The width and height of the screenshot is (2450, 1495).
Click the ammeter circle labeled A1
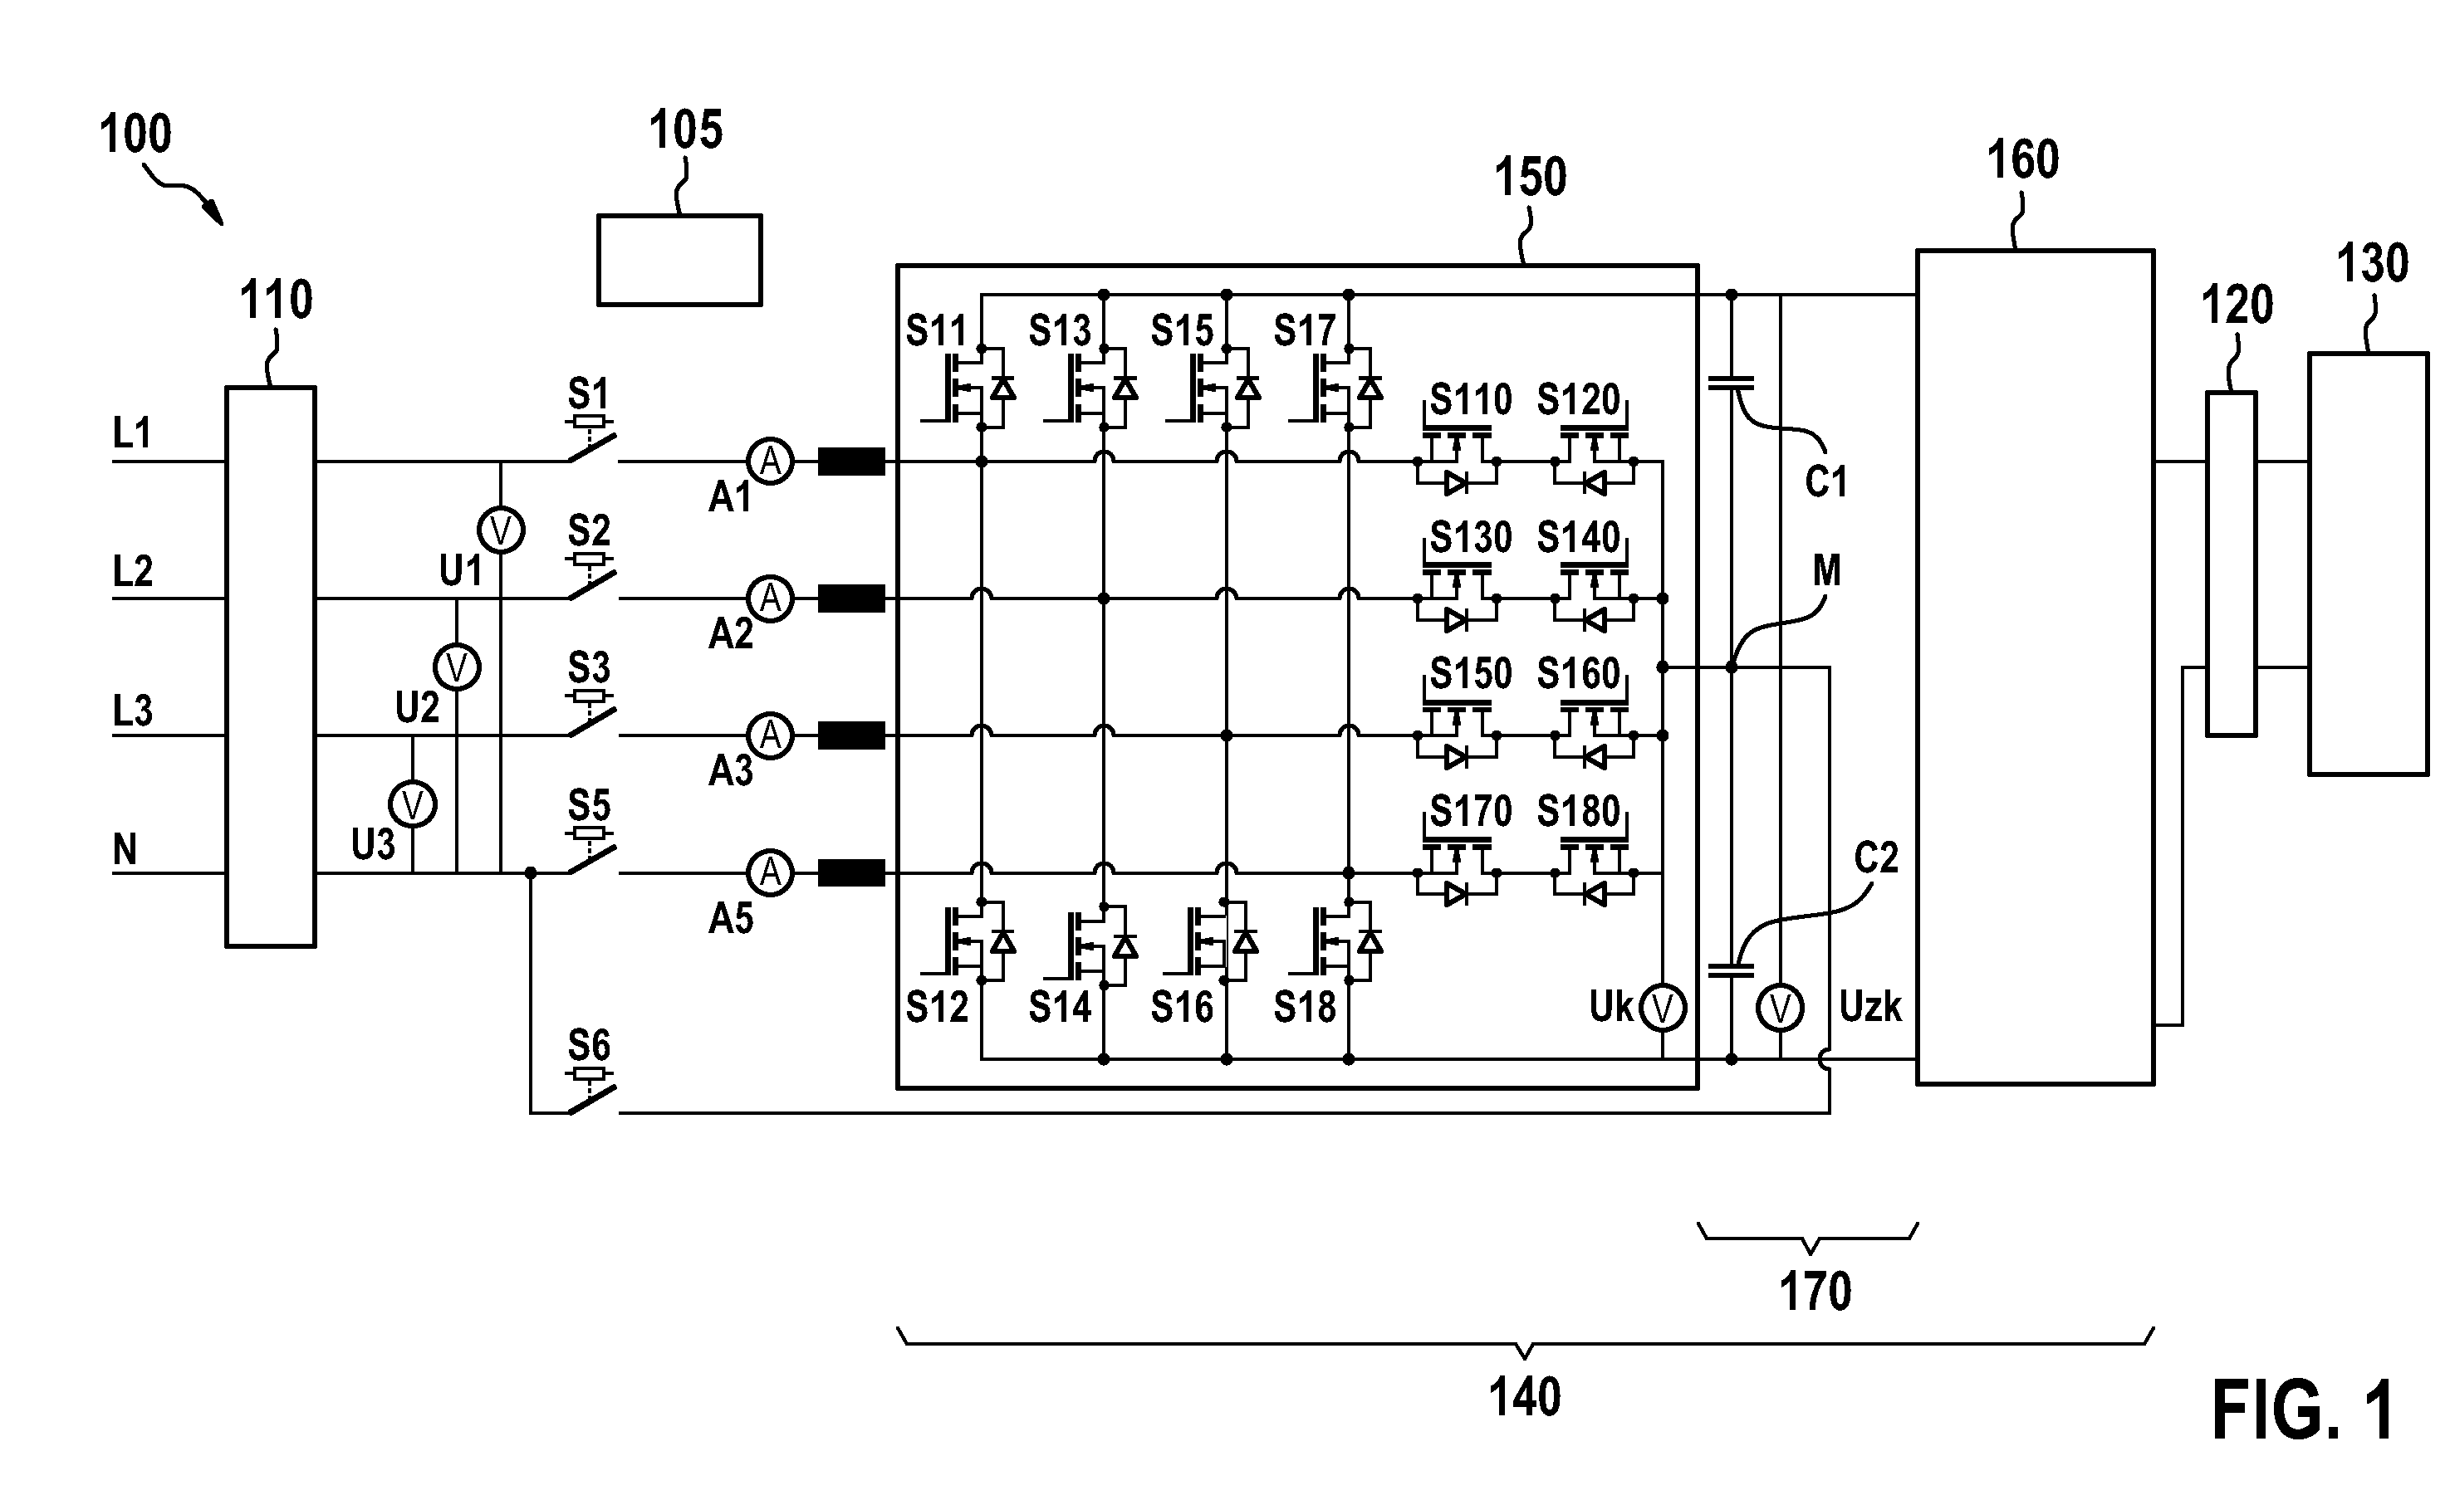[771, 462]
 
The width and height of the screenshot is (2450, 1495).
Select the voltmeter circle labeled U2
[458, 667]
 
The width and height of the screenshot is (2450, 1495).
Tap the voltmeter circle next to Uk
[1663, 1008]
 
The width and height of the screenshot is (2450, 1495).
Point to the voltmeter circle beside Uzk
[1780, 1008]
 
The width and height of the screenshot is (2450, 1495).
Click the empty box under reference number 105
[680, 261]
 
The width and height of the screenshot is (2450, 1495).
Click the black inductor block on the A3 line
[851, 735]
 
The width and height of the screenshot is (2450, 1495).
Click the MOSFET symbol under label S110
[1457, 462]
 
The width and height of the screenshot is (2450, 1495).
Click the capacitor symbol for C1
[1731, 383]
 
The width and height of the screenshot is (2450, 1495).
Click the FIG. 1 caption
[2303, 1411]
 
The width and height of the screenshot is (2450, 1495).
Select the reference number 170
[1815, 1292]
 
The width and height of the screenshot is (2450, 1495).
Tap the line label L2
[132, 572]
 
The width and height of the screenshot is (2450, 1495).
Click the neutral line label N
[125, 850]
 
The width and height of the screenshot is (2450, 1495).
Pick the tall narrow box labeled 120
[2232, 564]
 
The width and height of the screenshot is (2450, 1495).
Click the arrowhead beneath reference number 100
[213, 213]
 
